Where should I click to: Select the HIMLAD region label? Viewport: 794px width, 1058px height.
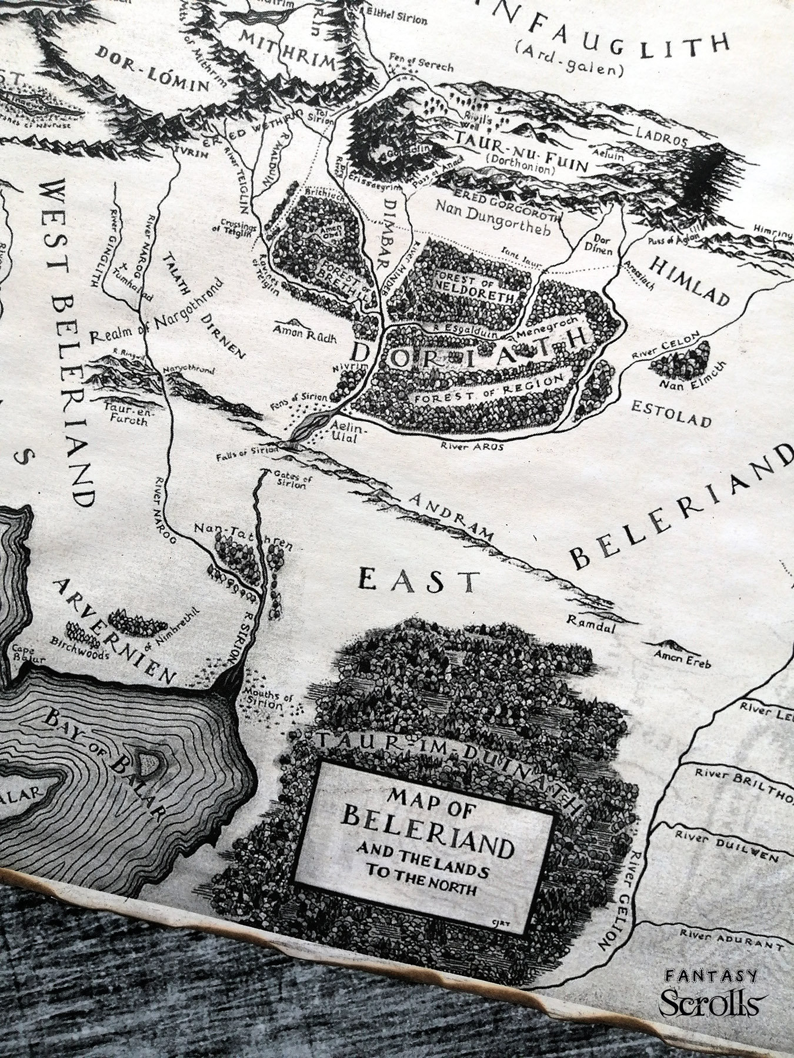pyautogui.click(x=699, y=283)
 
